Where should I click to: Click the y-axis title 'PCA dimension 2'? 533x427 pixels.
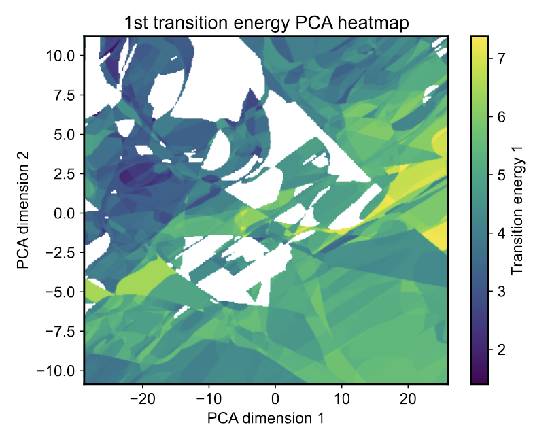point(24,211)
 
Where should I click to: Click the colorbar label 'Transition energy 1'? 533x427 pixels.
point(517,211)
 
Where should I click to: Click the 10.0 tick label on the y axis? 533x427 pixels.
point(62,56)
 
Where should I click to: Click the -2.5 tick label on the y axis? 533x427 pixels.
point(61,253)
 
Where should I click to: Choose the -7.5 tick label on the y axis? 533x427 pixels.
point(61,331)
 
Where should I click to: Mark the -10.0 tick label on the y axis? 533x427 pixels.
point(58,371)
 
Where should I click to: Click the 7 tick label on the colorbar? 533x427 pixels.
point(501,58)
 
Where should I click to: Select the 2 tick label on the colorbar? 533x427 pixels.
point(501,349)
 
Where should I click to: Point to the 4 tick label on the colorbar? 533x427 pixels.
point(501,233)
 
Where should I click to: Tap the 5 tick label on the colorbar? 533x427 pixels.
point(501,175)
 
